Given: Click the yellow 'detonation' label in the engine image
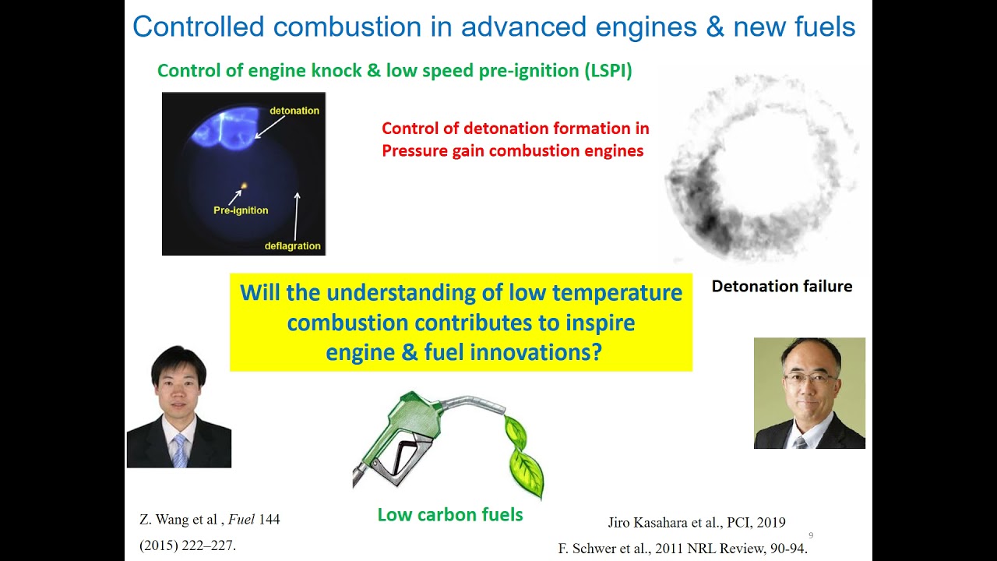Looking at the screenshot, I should click(x=294, y=111).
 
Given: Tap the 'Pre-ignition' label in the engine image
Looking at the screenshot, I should click(x=241, y=210).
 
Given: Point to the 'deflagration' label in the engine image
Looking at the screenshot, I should click(x=292, y=246).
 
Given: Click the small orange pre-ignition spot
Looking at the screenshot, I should click(x=244, y=186).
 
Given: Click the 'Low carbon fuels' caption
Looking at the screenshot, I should click(x=449, y=514).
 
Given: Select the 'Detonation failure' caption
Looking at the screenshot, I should click(x=781, y=286).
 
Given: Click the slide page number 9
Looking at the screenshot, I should click(x=811, y=535).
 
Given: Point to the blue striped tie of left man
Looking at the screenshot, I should click(x=180, y=450).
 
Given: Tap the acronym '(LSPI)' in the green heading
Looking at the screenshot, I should click(x=608, y=71).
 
